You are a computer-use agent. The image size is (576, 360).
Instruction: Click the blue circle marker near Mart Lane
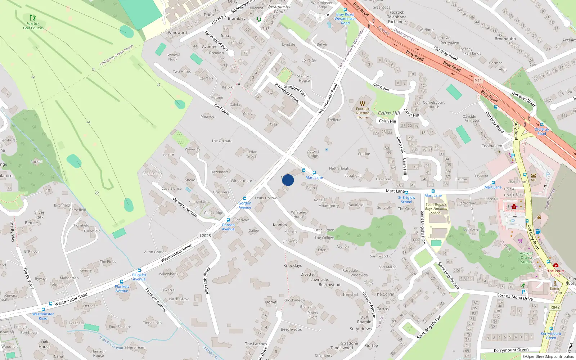[288, 180]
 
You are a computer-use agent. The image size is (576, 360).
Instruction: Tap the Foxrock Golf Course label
[33, 26]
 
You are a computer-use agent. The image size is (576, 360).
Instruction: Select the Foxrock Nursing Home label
[363, 113]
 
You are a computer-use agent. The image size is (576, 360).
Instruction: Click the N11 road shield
[478, 80]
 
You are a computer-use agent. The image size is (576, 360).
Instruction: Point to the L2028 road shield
[205, 236]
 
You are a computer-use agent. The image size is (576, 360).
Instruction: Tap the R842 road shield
[555, 307]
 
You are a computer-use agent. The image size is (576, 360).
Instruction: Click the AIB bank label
[534, 180]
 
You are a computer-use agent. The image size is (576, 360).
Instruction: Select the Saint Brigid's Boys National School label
[436, 208]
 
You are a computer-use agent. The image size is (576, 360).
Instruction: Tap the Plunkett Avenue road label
[156, 300]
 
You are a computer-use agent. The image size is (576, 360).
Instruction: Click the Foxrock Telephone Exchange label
[397, 17]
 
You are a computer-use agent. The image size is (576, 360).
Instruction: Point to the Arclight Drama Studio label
[526, 257]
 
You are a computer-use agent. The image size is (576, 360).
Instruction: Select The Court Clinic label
[556, 273]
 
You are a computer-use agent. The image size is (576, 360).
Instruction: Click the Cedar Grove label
[252, 154]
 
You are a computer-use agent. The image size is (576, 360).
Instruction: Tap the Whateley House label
[299, 215]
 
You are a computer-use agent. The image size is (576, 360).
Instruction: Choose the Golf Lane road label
[222, 109]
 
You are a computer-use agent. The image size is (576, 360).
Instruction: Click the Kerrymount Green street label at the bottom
[511, 350]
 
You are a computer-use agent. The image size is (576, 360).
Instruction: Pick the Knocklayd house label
[293, 266]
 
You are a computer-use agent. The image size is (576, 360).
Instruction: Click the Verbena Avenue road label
[185, 207]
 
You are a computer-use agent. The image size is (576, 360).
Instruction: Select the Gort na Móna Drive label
[514, 297]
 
